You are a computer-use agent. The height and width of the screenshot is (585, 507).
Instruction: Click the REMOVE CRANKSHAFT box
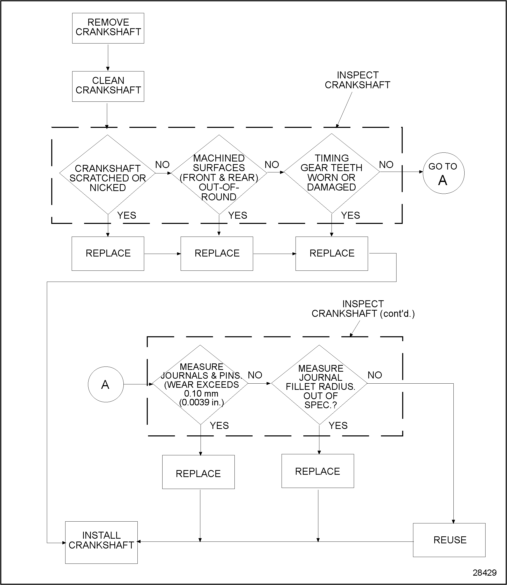tap(108, 28)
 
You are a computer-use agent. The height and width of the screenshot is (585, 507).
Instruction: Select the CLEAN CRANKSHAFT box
tap(108, 86)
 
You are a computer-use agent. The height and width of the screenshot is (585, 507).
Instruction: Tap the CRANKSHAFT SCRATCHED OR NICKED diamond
tap(107, 174)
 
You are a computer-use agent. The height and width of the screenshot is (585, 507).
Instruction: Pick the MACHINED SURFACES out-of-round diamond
tap(219, 174)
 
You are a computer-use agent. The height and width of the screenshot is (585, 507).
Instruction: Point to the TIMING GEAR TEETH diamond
tap(332, 173)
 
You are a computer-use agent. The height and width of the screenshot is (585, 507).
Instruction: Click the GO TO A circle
tap(443, 173)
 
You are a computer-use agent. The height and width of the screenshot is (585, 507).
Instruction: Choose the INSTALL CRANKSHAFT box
tap(101, 542)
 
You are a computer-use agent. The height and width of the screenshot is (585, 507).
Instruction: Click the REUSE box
tap(449, 540)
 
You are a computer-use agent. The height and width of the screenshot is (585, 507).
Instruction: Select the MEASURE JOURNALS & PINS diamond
tap(201, 384)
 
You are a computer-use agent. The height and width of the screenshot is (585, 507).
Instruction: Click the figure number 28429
tap(484, 573)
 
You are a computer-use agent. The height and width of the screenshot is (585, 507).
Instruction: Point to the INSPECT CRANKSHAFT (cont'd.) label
tap(363, 309)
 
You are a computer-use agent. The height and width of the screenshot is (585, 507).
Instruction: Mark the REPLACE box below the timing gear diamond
tap(332, 254)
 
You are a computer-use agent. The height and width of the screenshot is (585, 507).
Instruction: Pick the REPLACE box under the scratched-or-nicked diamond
tap(108, 254)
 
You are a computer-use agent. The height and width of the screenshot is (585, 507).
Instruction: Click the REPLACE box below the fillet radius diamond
tap(318, 471)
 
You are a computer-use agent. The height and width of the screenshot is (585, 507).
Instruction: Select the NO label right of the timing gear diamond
tap(386, 165)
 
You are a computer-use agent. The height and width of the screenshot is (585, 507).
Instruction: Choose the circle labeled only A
tap(106, 384)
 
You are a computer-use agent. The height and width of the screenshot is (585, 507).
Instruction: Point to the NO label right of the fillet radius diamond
tap(375, 375)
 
